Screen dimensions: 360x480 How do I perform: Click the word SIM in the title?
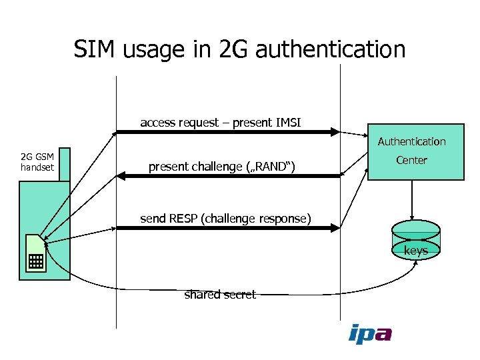(95, 49)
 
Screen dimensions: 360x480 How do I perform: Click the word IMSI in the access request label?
(288, 122)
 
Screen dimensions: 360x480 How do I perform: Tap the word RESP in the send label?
(183, 218)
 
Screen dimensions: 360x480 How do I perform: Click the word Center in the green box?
(411, 160)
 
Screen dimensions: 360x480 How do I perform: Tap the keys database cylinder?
(415, 239)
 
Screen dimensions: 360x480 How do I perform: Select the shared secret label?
(220, 295)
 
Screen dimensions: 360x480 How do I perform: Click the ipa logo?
(370, 333)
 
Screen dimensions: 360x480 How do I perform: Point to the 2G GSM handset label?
(37, 162)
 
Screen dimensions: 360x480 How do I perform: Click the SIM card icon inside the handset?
(35, 253)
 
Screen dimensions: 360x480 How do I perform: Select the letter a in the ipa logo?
(383, 333)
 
